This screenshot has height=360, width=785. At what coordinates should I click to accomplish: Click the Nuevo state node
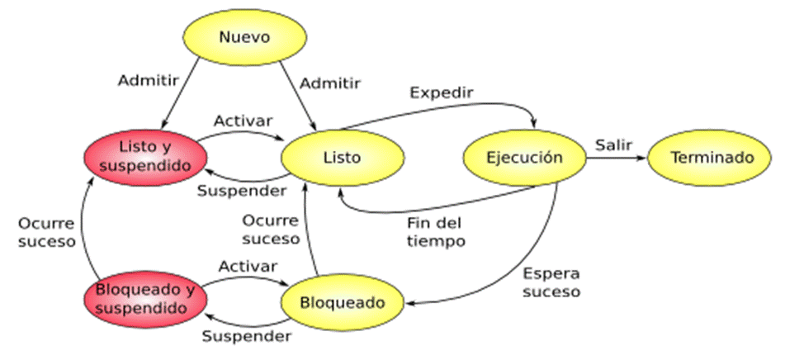click(244, 37)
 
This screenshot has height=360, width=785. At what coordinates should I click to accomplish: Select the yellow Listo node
click(343, 157)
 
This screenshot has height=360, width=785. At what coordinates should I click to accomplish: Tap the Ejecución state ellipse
click(524, 158)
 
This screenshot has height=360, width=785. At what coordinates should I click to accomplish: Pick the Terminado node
click(712, 157)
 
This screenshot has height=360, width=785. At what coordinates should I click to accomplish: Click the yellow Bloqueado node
click(342, 302)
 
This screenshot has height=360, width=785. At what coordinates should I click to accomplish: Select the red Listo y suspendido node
click(146, 157)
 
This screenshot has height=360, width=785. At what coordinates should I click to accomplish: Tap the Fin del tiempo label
click(436, 232)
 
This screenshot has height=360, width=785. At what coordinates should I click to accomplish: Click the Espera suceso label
click(551, 282)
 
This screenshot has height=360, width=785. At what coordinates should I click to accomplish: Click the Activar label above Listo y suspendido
click(244, 121)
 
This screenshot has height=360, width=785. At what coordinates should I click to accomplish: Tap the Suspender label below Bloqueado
click(247, 336)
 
